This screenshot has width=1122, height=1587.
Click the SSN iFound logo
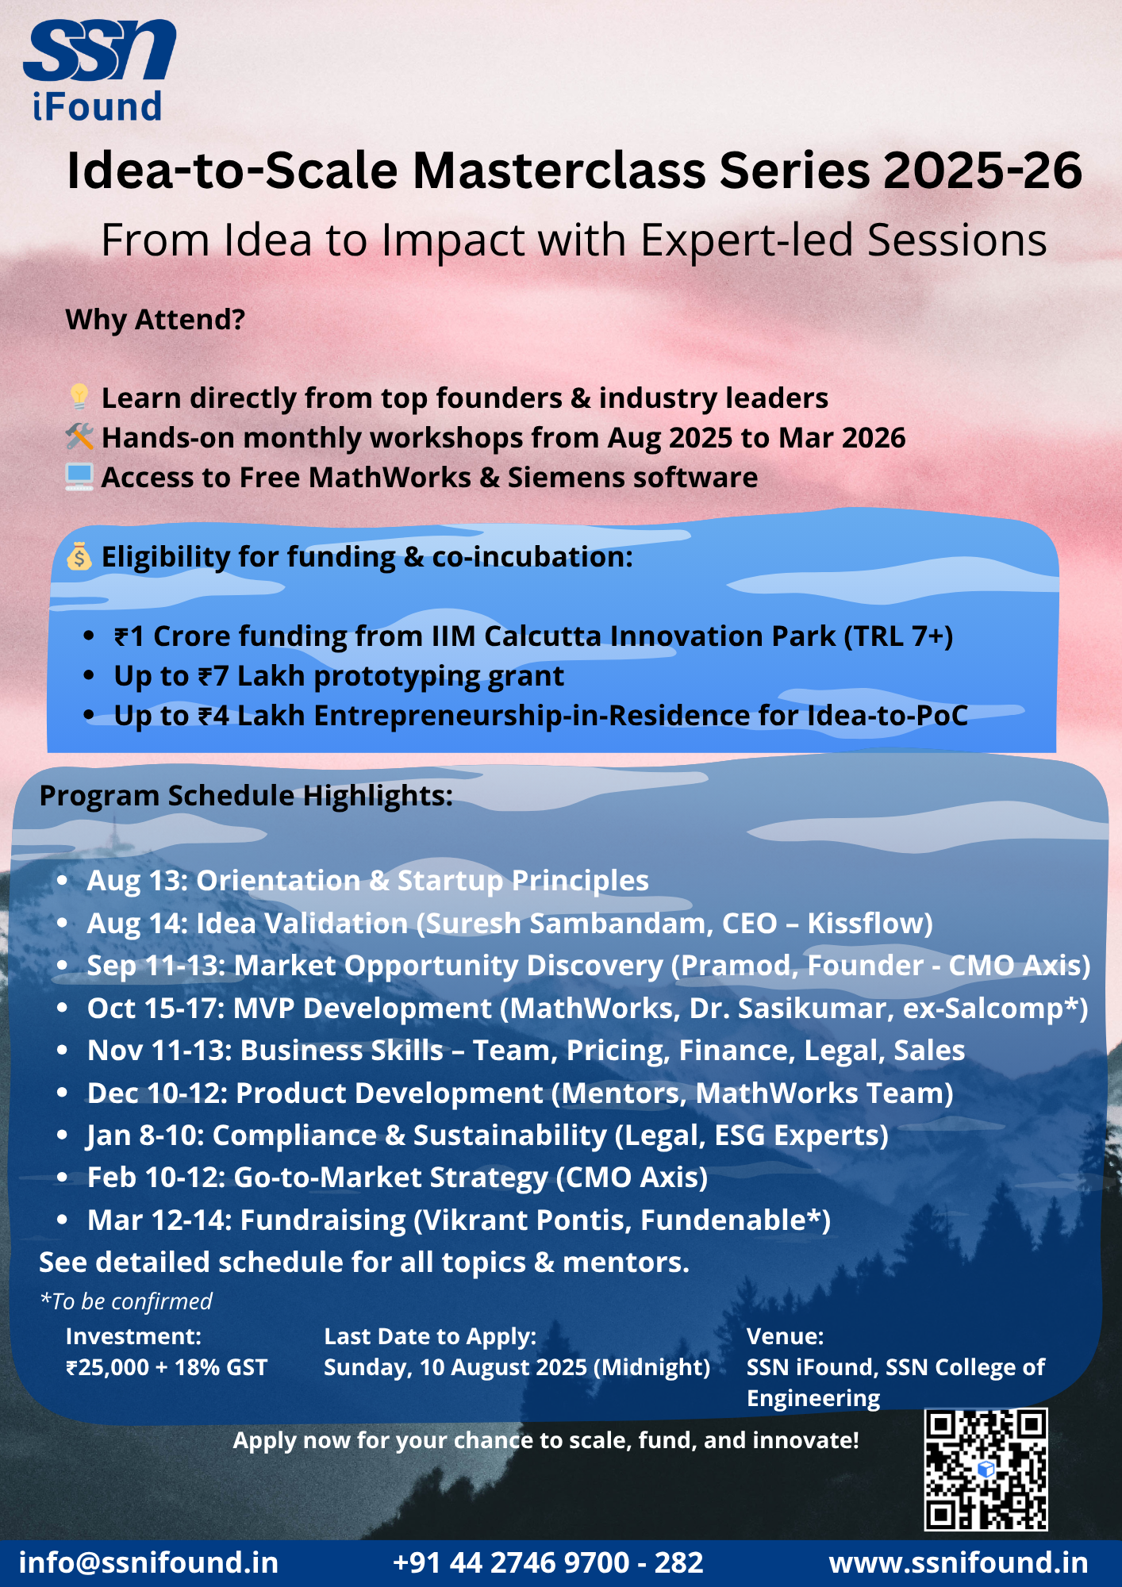[x=99, y=70]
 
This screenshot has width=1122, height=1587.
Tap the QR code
[x=986, y=1470]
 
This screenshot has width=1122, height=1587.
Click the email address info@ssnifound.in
[x=148, y=1562]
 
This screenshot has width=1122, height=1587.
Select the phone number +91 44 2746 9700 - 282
[x=548, y=1562]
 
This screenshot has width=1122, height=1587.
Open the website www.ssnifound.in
[x=959, y=1562]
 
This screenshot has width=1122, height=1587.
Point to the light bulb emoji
[x=79, y=397]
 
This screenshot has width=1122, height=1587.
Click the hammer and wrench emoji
[x=79, y=436]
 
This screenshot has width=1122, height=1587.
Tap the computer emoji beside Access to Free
[x=79, y=476]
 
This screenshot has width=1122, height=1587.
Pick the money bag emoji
[x=79, y=556]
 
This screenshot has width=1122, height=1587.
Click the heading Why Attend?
[x=156, y=320]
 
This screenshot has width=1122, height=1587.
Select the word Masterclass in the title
[x=559, y=171]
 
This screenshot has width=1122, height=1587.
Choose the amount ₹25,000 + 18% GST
[x=167, y=1367]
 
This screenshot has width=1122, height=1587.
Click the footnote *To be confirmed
[x=126, y=1301]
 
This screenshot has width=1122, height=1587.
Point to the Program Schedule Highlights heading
[x=246, y=796]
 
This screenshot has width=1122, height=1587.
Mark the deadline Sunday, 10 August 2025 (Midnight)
[x=517, y=1367]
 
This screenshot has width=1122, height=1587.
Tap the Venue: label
[x=786, y=1336]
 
